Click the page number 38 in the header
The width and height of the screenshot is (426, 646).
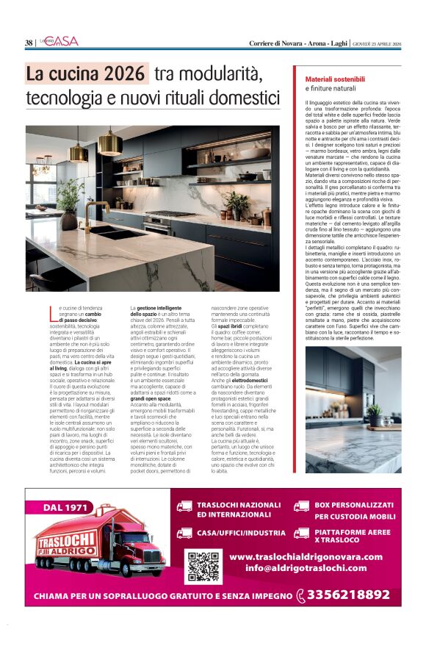pos(29,43)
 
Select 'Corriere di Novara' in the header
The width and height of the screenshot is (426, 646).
pos(273,43)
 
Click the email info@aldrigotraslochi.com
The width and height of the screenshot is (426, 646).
pos(306,568)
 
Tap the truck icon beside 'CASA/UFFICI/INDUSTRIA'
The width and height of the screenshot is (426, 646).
pos(184,532)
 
